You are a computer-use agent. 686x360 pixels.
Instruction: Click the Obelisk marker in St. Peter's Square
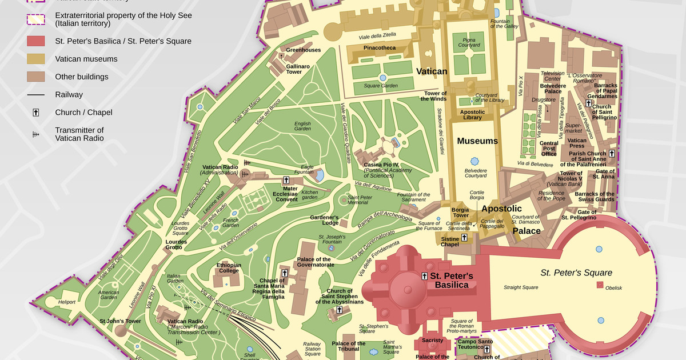600,284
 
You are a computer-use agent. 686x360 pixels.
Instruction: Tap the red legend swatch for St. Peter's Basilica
35,41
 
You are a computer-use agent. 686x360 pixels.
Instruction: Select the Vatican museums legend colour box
35,59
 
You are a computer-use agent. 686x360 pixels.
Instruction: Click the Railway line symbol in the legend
35,94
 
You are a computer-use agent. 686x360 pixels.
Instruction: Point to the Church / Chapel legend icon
35,113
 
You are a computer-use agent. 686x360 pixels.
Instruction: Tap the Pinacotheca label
379,48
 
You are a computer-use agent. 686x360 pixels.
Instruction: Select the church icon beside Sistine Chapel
464,237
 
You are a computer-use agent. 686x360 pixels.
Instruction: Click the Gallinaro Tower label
298,69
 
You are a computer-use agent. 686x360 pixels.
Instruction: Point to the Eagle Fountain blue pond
320,174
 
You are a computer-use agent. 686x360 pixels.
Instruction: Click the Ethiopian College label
229,268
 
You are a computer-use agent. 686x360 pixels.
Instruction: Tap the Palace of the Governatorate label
315,262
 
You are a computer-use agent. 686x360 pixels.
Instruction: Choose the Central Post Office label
549,149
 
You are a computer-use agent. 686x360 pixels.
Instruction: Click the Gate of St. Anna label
605,174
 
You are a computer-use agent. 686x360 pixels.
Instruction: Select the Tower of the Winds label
435,96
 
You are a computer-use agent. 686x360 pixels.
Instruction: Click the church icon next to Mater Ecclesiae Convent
286,181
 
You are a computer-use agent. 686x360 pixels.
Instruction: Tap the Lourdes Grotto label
176,245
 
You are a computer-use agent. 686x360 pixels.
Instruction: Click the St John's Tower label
120,321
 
